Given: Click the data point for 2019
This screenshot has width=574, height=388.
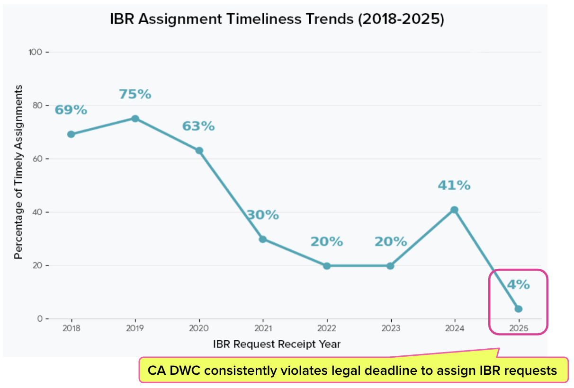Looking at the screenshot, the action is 135,118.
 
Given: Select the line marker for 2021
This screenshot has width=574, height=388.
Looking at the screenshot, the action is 263,239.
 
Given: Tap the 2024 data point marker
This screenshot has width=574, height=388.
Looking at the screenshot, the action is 454,210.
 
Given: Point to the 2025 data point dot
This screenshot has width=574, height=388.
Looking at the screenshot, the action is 519,309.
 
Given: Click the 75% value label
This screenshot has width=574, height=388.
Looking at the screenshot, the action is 135,94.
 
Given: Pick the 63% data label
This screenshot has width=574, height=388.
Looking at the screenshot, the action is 198,126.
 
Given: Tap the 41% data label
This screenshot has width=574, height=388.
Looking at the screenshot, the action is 454,185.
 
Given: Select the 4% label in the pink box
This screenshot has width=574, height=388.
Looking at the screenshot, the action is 519,284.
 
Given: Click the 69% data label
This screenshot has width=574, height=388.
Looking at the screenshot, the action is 71,110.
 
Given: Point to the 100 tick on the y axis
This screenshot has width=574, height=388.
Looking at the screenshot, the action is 35,52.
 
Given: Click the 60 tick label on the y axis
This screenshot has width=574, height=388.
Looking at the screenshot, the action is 37,159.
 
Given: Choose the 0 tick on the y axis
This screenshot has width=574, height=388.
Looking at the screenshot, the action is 40,318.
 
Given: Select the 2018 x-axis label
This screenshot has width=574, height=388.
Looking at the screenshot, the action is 71,328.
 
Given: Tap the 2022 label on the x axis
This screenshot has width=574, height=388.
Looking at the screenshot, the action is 327,328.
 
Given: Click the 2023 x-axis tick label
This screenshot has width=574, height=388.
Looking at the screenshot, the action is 391,328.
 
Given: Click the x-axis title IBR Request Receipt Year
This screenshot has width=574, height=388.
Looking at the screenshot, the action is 277,344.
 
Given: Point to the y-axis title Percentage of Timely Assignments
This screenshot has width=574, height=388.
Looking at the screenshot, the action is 18,172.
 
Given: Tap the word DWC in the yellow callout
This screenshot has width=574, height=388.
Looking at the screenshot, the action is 185,370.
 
